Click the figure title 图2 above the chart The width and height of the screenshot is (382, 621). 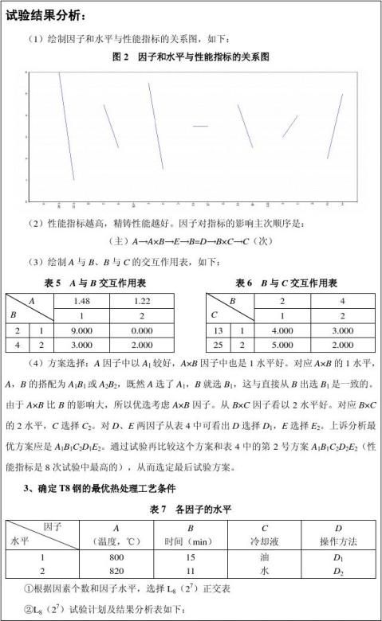tap(191, 57)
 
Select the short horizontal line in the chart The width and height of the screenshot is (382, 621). tap(199, 126)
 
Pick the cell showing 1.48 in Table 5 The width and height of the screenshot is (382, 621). tap(82, 300)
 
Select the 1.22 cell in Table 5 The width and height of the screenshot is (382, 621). tap(141, 300)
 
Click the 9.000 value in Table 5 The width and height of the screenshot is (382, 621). tap(82, 330)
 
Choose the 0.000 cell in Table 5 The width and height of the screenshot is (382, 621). tap(141, 330)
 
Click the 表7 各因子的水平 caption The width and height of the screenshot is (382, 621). tap(191, 508)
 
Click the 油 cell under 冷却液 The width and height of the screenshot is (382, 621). tap(265, 558)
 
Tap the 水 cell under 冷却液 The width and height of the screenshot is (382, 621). tap(265, 572)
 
